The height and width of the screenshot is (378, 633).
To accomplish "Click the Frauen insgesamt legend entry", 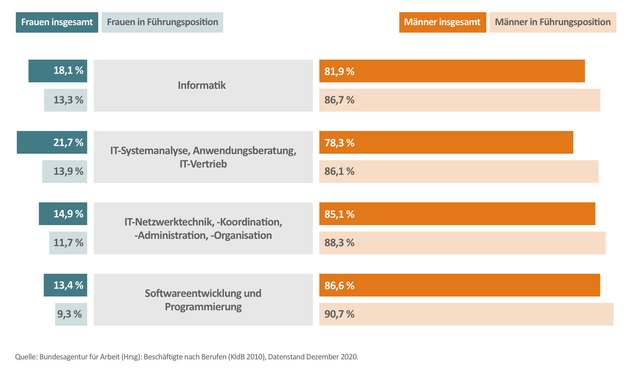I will (57, 22).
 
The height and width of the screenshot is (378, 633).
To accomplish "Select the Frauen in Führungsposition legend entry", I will (162, 22).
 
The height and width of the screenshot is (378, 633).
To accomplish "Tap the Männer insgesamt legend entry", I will (442, 22).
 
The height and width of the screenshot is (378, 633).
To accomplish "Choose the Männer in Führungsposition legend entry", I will (553, 22).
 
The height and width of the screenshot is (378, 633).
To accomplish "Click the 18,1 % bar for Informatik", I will (58, 71).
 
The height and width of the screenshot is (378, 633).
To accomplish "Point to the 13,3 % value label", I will (68, 100).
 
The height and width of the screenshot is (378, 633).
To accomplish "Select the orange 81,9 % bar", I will (452, 71).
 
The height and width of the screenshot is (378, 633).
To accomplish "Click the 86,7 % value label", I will (339, 100).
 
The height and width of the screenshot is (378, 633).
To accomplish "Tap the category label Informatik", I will (202, 85).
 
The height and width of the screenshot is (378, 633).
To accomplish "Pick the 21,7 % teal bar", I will (52, 142).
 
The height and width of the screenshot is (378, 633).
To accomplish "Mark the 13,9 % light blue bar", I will (65, 172).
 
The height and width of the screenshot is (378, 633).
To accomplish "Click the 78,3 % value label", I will (339, 143).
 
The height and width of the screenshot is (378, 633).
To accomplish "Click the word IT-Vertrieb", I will (203, 164).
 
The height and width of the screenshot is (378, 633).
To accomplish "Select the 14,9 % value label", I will (68, 214).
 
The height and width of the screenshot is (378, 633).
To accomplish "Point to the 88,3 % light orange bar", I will (462, 243).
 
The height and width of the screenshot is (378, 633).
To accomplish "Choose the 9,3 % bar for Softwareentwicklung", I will (71, 314).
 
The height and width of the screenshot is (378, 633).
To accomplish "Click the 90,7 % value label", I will (339, 314).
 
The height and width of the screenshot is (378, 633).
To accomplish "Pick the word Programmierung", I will (203, 307).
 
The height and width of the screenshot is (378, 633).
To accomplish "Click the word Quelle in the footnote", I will (26, 357).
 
